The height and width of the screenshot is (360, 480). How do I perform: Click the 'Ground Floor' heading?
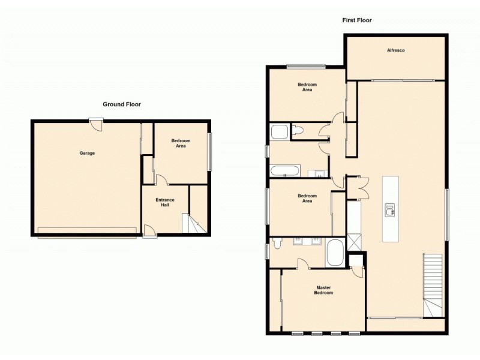click(x=121, y=104)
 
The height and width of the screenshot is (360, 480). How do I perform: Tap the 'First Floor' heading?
click(x=357, y=20)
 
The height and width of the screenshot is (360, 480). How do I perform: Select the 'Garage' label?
click(x=87, y=153)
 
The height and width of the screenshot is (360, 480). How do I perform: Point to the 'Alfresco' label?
click(x=395, y=50)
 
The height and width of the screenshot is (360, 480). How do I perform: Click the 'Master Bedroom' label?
click(x=324, y=290)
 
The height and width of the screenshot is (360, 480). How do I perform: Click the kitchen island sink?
click(x=390, y=209)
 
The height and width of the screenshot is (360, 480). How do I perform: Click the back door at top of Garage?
click(x=95, y=121)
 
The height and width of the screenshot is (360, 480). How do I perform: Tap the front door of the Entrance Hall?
click(x=150, y=231)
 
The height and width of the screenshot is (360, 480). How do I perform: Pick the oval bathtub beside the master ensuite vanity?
click(x=334, y=254)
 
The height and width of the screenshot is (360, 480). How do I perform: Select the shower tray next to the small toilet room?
click(x=280, y=132)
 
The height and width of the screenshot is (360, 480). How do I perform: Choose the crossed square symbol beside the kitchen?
click(x=355, y=242)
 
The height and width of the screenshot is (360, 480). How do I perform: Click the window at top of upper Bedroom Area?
click(x=305, y=66)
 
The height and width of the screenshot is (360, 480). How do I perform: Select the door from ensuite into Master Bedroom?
click(x=304, y=263)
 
